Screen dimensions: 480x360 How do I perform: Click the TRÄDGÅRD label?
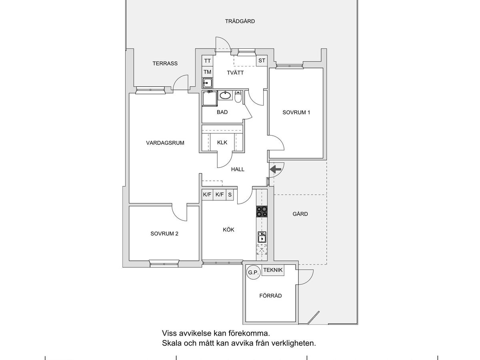(240, 21)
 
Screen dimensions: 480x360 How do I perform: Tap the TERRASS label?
(165, 63)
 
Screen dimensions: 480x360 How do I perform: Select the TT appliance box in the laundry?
(207, 60)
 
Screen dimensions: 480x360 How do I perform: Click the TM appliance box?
(207, 72)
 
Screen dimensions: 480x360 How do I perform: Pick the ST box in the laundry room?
(262, 60)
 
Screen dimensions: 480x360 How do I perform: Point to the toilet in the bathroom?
(238, 97)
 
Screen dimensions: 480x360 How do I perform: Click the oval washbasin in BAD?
(225, 95)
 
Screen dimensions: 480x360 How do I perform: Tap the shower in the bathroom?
(210, 98)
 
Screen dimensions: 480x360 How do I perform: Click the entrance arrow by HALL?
(275, 169)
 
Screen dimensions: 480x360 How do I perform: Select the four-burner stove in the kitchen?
(262, 211)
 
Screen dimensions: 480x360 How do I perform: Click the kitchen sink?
(262, 237)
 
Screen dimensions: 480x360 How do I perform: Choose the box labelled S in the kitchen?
(230, 194)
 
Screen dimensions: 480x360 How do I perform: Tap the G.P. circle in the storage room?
(254, 272)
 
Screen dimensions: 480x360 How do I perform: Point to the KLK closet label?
(222, 142)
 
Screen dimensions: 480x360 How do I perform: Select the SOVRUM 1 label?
(296, 112)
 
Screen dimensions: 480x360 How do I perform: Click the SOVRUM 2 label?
(164, 234)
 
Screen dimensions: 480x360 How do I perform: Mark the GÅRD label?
(300, 214)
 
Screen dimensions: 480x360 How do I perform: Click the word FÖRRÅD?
(270, 296)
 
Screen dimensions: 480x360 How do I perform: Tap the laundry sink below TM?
(207, 83)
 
